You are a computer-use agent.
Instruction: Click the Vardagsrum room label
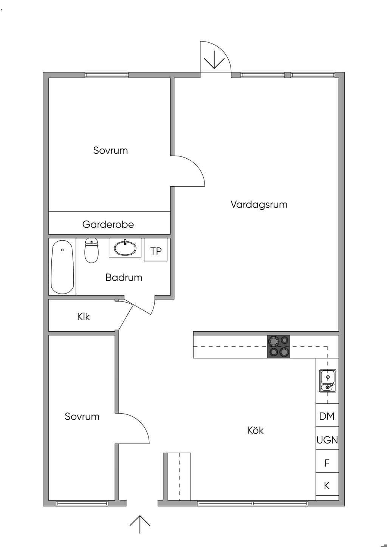(259, 204)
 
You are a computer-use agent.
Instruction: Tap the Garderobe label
(108, 224)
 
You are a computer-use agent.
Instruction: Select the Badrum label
(124, 278)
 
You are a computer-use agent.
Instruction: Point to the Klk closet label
(83, 317)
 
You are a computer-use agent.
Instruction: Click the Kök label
(255, 430)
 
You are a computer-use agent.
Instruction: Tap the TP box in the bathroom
(156, 250)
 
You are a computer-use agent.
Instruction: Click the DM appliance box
(327, 416)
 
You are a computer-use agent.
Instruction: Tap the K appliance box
(327, 484)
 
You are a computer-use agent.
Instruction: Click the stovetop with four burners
(279, 346)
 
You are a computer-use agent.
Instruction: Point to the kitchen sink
(328, 381)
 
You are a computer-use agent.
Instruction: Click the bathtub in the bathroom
(62, 267)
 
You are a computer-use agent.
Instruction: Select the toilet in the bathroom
(91, 250)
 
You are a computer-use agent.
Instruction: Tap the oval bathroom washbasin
(125, 248)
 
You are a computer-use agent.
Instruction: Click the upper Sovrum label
(110, 150)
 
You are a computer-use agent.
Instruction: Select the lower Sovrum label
(82, 417)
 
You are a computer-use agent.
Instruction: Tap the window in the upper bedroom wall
(107, 75)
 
